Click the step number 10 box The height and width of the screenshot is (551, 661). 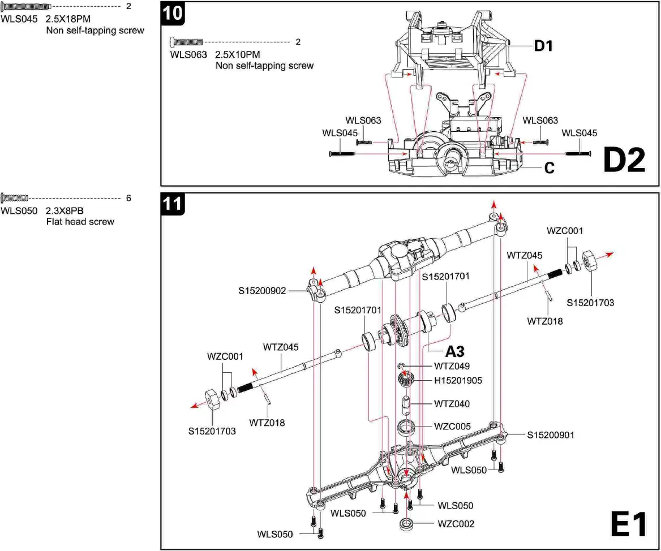pos(173,13)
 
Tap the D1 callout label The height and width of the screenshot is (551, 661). pos(544,46)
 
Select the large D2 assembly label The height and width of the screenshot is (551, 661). pos(624,161)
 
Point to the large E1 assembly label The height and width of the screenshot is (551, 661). pos(629,524)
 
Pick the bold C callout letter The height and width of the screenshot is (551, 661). pos(549,168)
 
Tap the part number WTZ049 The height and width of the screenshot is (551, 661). pos(452,366)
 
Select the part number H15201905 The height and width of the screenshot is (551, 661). pos(458,380)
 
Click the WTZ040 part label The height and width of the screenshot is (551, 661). pos(452,403)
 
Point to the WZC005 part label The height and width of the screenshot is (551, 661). pos(452,426)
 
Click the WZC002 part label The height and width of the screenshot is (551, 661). pos(456,524)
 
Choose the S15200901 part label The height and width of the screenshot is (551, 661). pos(551,435)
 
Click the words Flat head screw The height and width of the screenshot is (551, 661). pos(80,222)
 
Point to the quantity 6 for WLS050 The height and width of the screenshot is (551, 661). pos(128,198)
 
